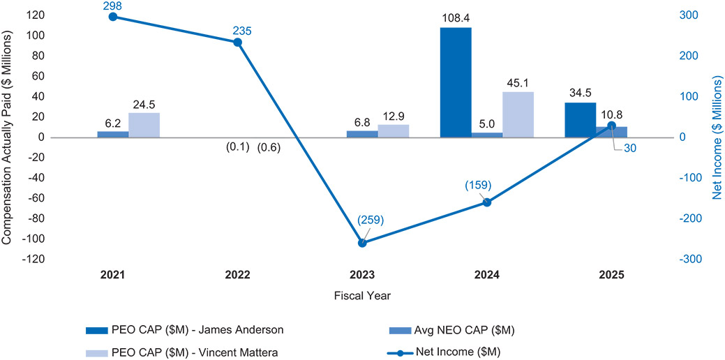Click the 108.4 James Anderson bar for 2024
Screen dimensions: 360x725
456,82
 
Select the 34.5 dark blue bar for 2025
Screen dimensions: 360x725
581,120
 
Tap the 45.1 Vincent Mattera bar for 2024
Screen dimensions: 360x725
518,114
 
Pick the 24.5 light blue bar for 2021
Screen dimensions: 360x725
144,125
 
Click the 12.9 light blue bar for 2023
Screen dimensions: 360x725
393,130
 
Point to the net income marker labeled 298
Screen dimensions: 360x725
113,16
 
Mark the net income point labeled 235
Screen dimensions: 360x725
237,42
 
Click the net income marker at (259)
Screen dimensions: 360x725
362,243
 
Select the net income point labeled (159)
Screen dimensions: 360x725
487,202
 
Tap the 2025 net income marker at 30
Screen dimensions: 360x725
612,126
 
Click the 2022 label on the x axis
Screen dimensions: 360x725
237,275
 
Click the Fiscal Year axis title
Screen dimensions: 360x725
362,295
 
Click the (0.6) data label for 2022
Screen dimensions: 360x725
268,147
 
